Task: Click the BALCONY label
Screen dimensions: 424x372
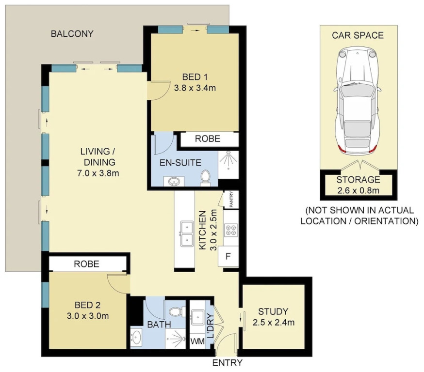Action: (x=72, y=34)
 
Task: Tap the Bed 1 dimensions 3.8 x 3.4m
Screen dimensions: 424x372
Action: (x=195, y=88)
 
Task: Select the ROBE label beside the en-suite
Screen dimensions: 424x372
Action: (x=208, y=139)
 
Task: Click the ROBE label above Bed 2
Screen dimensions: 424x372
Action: (x=86, y=264)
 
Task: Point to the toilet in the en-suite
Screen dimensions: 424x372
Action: (x=206, y=178)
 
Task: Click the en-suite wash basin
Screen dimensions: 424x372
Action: (x=173, y=181)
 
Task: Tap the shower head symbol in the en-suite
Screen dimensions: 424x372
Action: (x=228, y=159)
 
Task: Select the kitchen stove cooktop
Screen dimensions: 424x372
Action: (x=231, y=230)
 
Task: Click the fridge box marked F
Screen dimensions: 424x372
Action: (x=228, y=256)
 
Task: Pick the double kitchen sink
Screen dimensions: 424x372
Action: (x=187, y=233)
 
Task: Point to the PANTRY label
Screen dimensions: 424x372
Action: (x=231, y=200)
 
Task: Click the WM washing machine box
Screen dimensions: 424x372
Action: (x=197, y=341)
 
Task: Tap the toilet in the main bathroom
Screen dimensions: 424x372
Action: (x=177, y=312)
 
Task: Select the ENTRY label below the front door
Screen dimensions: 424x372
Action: (x=228, y=363)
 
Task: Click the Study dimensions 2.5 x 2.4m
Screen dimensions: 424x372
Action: (x=274, y=322)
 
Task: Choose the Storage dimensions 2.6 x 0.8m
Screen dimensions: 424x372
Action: (x=359, y=190)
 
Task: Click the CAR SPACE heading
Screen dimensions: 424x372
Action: (x=358, y=35)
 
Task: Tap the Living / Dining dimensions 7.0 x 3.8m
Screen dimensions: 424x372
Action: (x=98, y=173)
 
